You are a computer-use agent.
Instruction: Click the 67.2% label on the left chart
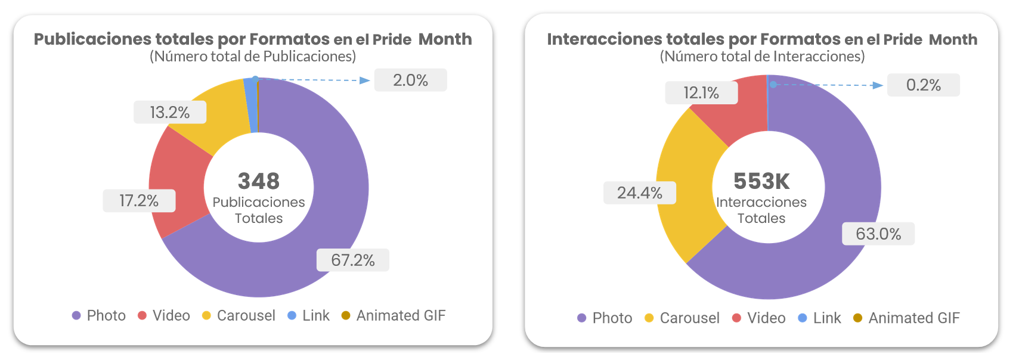coord(352,260)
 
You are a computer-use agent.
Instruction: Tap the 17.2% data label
coord(139,200)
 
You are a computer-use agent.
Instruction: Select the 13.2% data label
coord(169,112)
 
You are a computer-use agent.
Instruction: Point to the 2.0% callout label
coord(410,80)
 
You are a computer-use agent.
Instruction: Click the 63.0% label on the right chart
coord(878,234)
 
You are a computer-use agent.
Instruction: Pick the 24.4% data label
coord(639,193)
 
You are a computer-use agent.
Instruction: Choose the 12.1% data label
coord(701,92)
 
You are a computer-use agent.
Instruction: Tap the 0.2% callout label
coord(923,85)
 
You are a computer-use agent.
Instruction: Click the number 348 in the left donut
coord(258,181)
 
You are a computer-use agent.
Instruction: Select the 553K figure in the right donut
coord(761,181)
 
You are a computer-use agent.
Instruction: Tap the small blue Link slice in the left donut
coord(251,105)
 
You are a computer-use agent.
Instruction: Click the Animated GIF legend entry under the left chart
coord(394,315)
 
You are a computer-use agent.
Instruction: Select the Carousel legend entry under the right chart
coord(683,318)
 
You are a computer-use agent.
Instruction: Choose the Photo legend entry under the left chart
coord(99,315)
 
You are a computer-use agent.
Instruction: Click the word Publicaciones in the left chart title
coord(93,39)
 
